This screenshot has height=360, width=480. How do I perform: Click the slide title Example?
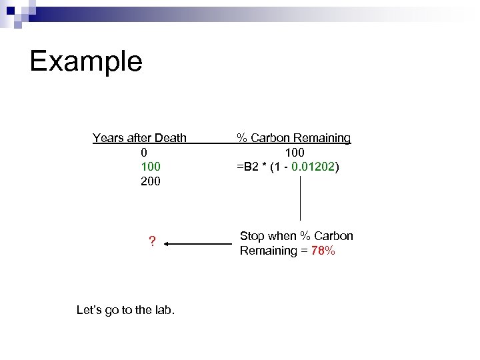pyautogui.click(x=86, y=61)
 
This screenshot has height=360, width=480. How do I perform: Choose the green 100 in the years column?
pyautogui.click(x=151, y=166)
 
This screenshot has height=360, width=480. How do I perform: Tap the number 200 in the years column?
pyautogui.click(x=151, y=181)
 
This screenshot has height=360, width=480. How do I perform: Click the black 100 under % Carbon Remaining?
pyautogui.click(x=294, y=152)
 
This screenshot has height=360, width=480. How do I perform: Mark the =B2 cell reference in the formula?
pyautogui.click(x=247, y=166)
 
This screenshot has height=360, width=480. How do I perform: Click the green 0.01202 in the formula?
pyautogui.click(x=313, y=166)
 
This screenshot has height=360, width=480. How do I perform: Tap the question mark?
pyautogui.click(x=152, y=241)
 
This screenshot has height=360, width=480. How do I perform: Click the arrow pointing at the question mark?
pyautogui.click(x=197, y=244)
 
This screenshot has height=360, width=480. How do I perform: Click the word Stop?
pyautogui.click(x=253, y=236)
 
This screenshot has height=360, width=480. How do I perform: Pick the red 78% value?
pyautogui.click(x=323, y=251)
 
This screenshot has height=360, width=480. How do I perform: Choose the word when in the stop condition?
pyautogui.click(x=283, y=236)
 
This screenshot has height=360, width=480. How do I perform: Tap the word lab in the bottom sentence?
pyautogui.click(x=163, y=310)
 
